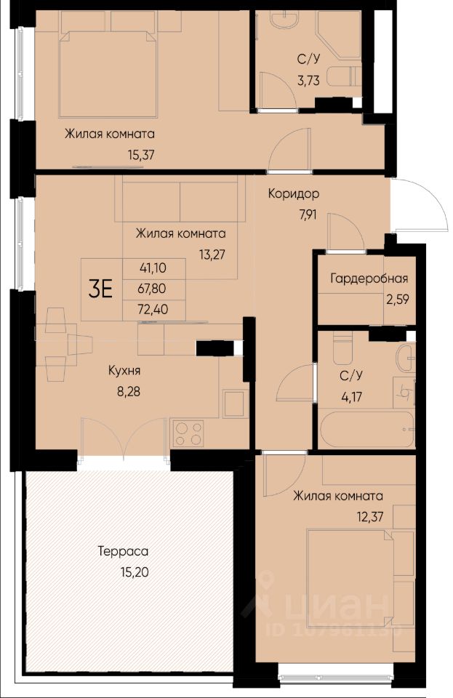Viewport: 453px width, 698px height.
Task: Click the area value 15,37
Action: click(x=141, y=156)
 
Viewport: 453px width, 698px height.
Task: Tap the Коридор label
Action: click(x=294, y=194)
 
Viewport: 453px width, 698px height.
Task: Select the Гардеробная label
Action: click(x=369, y=278)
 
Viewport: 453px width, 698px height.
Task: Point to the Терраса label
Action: click(x=124, y=551)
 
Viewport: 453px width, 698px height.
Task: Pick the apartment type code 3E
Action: click(x=100, y=289)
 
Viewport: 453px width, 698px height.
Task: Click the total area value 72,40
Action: click(x=153, y=309)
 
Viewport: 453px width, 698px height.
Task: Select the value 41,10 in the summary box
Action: click(x=153, y=268)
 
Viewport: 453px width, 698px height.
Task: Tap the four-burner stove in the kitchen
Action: click(x=188, y=433)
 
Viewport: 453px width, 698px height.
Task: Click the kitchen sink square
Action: click(x=236, y=404)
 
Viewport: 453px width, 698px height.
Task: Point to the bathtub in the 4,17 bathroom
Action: click(x=366, y=430)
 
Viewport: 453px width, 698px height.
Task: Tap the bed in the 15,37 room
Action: click(x=108, y=74)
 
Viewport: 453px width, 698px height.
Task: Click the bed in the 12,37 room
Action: click(x=350, y=578)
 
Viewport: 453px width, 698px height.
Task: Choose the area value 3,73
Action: click(x=309, y=81)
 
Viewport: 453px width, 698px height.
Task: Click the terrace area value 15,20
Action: click(x=135, y=572)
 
